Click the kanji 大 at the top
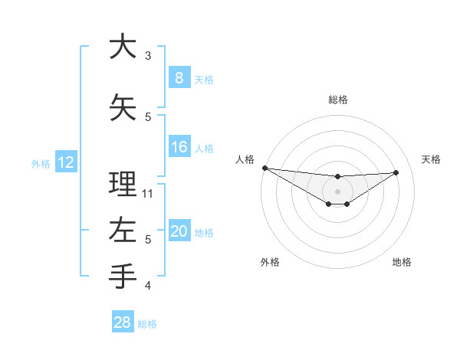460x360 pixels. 123,47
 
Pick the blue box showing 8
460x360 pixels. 179,77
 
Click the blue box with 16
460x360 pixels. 179,147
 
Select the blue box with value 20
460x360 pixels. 179,231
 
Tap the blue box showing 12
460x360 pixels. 65,162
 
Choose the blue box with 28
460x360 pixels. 122,322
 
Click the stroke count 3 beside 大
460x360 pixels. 148,56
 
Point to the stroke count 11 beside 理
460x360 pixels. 148,193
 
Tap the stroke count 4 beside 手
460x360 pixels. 148,286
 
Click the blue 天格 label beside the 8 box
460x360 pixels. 204,79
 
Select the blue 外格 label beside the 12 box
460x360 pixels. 41,163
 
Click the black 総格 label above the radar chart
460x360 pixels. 337,100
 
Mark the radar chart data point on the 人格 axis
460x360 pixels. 264,168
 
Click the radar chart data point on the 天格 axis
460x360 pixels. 396,172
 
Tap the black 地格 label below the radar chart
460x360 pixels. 402,262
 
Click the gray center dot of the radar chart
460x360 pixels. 337,191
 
